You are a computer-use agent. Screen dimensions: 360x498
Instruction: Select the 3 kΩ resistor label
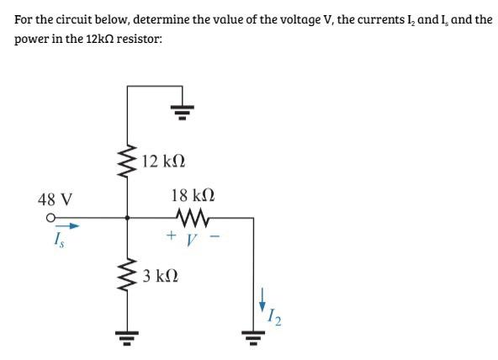coord(160,276)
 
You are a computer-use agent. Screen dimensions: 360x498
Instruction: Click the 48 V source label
coord(56,200)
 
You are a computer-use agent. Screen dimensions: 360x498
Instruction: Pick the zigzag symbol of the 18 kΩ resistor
coord(193,217)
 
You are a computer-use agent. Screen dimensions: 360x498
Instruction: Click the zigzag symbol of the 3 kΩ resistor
coord(128,275)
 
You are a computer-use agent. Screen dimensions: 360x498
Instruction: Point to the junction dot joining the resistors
coord(128,217)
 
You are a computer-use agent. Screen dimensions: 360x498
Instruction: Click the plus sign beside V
coord(171,237)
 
